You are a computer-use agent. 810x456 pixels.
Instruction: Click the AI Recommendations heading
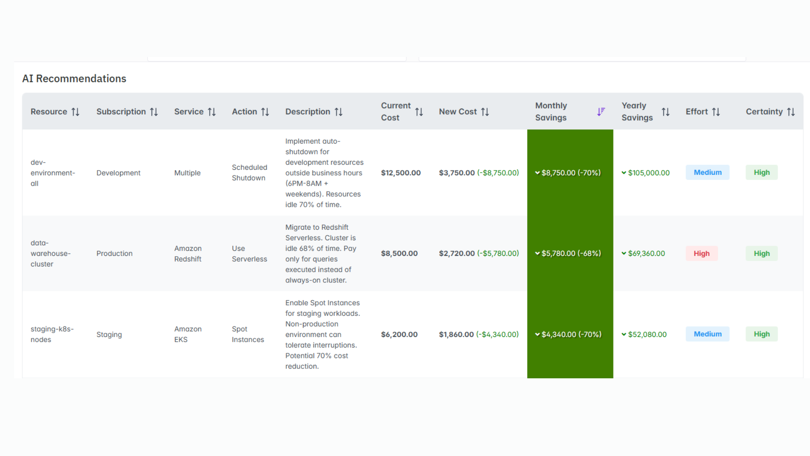tap(74, 79)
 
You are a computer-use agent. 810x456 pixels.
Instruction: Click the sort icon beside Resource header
tap(76, 112)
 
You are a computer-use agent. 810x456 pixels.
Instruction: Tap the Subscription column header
tap(121, 111)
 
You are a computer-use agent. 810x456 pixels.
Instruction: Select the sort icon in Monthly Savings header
tap(601, 111)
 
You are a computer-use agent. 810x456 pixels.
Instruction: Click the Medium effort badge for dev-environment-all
tap(707, 172)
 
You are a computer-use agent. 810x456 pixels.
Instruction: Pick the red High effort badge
tap(702, 253)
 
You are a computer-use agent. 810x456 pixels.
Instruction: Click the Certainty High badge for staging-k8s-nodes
tap(761, 334)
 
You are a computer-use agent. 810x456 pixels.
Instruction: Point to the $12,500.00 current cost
tap(401, 173)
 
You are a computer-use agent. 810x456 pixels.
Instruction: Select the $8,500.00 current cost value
tap(399, 253)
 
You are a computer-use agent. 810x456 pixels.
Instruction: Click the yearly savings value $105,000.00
tap(648, 173)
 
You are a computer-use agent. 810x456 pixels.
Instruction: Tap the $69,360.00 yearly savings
tap(646, 253)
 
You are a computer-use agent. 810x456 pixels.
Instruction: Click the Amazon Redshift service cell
tap(188, 254)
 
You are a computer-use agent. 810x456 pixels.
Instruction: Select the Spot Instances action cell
tap(248, 334)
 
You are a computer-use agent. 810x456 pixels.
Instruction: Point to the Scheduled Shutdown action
tap(249, 173)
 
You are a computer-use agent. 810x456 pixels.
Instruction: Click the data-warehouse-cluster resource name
tap(50, 253)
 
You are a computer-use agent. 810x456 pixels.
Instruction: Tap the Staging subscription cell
tap(109, 334)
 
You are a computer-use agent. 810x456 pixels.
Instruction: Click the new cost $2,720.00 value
tap(456, 253)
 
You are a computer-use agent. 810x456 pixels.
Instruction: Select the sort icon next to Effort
tap(716, 112)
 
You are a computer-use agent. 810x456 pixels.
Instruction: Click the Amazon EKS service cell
tap(188, 334)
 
